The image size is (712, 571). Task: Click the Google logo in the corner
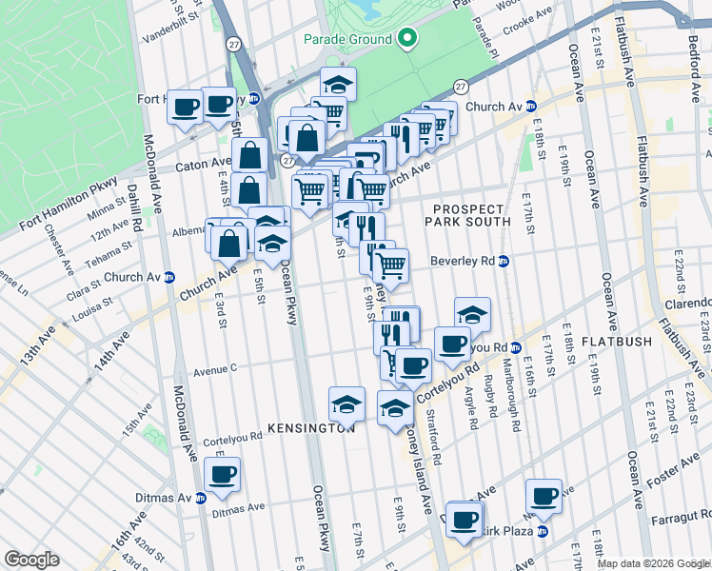tap(31, 560)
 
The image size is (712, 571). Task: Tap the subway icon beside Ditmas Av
tap(200, 498)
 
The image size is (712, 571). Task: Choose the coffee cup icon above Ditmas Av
tap(223, 475)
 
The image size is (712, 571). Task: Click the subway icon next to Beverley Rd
tap(504, 261)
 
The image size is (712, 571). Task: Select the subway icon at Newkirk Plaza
tap(543, 530)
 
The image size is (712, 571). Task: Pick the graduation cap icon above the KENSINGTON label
tap(347, 404)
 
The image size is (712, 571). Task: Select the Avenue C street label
tap(214, 367)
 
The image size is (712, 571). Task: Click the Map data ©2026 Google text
tap(652, 563)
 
